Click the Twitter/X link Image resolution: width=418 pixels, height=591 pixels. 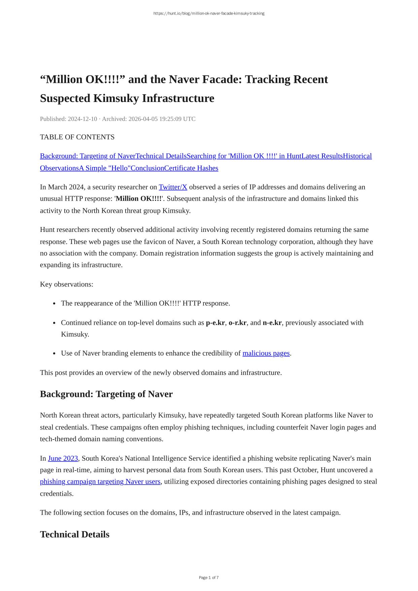click(173, 187)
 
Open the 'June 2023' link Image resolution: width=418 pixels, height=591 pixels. click(63, 458)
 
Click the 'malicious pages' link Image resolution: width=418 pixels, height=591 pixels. click(266, 353)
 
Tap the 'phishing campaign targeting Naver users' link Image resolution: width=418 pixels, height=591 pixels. click(100, 482)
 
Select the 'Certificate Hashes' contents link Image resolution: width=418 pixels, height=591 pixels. click(191, 168)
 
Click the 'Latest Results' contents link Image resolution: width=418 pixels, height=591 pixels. click(322, 156)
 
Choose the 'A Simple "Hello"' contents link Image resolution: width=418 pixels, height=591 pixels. click(105, 168)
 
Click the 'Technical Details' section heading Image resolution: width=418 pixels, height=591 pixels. click(74, 534)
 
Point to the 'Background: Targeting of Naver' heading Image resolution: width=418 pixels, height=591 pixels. click(106, 394)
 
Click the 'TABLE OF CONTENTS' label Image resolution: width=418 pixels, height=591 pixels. click(77, 137)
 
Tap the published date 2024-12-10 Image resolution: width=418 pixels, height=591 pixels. click(82, 119)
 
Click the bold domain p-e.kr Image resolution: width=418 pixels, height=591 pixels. click(215, 323)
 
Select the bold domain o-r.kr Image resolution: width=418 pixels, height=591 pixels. click(237, 323)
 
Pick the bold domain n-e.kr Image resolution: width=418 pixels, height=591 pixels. click(272, 323)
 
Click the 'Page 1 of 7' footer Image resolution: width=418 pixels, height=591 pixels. click(209, 578)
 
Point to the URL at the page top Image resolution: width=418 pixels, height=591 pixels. click(209, 13)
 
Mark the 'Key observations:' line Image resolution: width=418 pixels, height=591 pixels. click(67, 284)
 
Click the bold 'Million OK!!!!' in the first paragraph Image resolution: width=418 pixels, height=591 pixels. click(138, 199)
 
